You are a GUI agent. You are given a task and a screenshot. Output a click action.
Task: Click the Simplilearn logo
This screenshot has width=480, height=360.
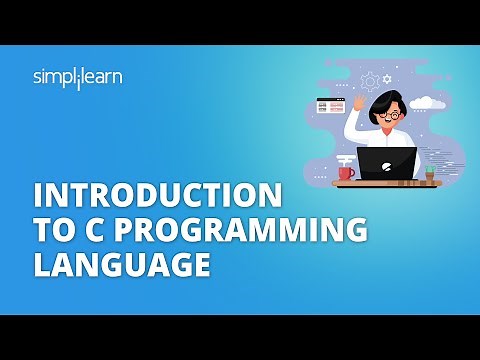coord(76,77)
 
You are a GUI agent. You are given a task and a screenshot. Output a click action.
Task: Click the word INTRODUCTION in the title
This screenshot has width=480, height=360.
coord(145,193)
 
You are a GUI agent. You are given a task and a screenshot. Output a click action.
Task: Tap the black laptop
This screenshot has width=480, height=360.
coord(388,164)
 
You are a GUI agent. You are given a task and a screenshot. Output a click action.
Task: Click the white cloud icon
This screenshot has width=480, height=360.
coord(420,101)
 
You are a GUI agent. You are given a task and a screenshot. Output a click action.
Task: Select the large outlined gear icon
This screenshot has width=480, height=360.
coord(371,78)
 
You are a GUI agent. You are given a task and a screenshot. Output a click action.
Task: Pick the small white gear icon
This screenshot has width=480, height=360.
coord(389,78)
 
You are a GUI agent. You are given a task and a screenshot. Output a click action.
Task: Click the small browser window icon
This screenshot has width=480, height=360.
coord(326,104)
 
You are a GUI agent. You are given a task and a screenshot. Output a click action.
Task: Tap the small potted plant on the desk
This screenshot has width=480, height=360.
coord(430,173)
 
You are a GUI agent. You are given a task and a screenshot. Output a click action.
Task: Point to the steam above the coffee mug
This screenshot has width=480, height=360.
coord(346,158)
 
